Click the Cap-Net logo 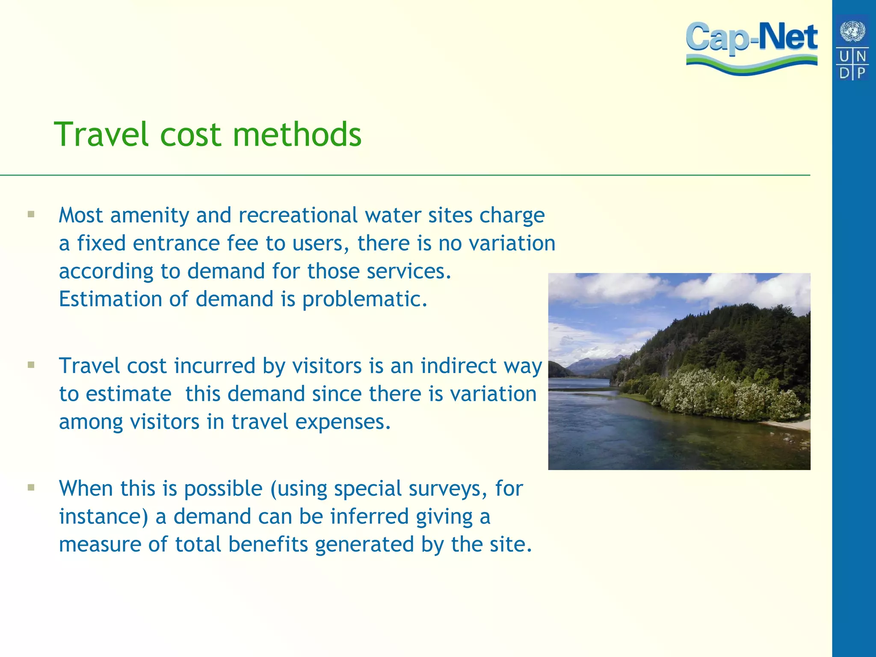[752, 47]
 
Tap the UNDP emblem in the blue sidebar [852, 47]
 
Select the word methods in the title [297, 134]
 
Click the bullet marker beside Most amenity [31, 214]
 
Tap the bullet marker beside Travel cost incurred [31, 365]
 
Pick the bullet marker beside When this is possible [31, 487]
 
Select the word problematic [364, 299]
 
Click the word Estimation [110, 299]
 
